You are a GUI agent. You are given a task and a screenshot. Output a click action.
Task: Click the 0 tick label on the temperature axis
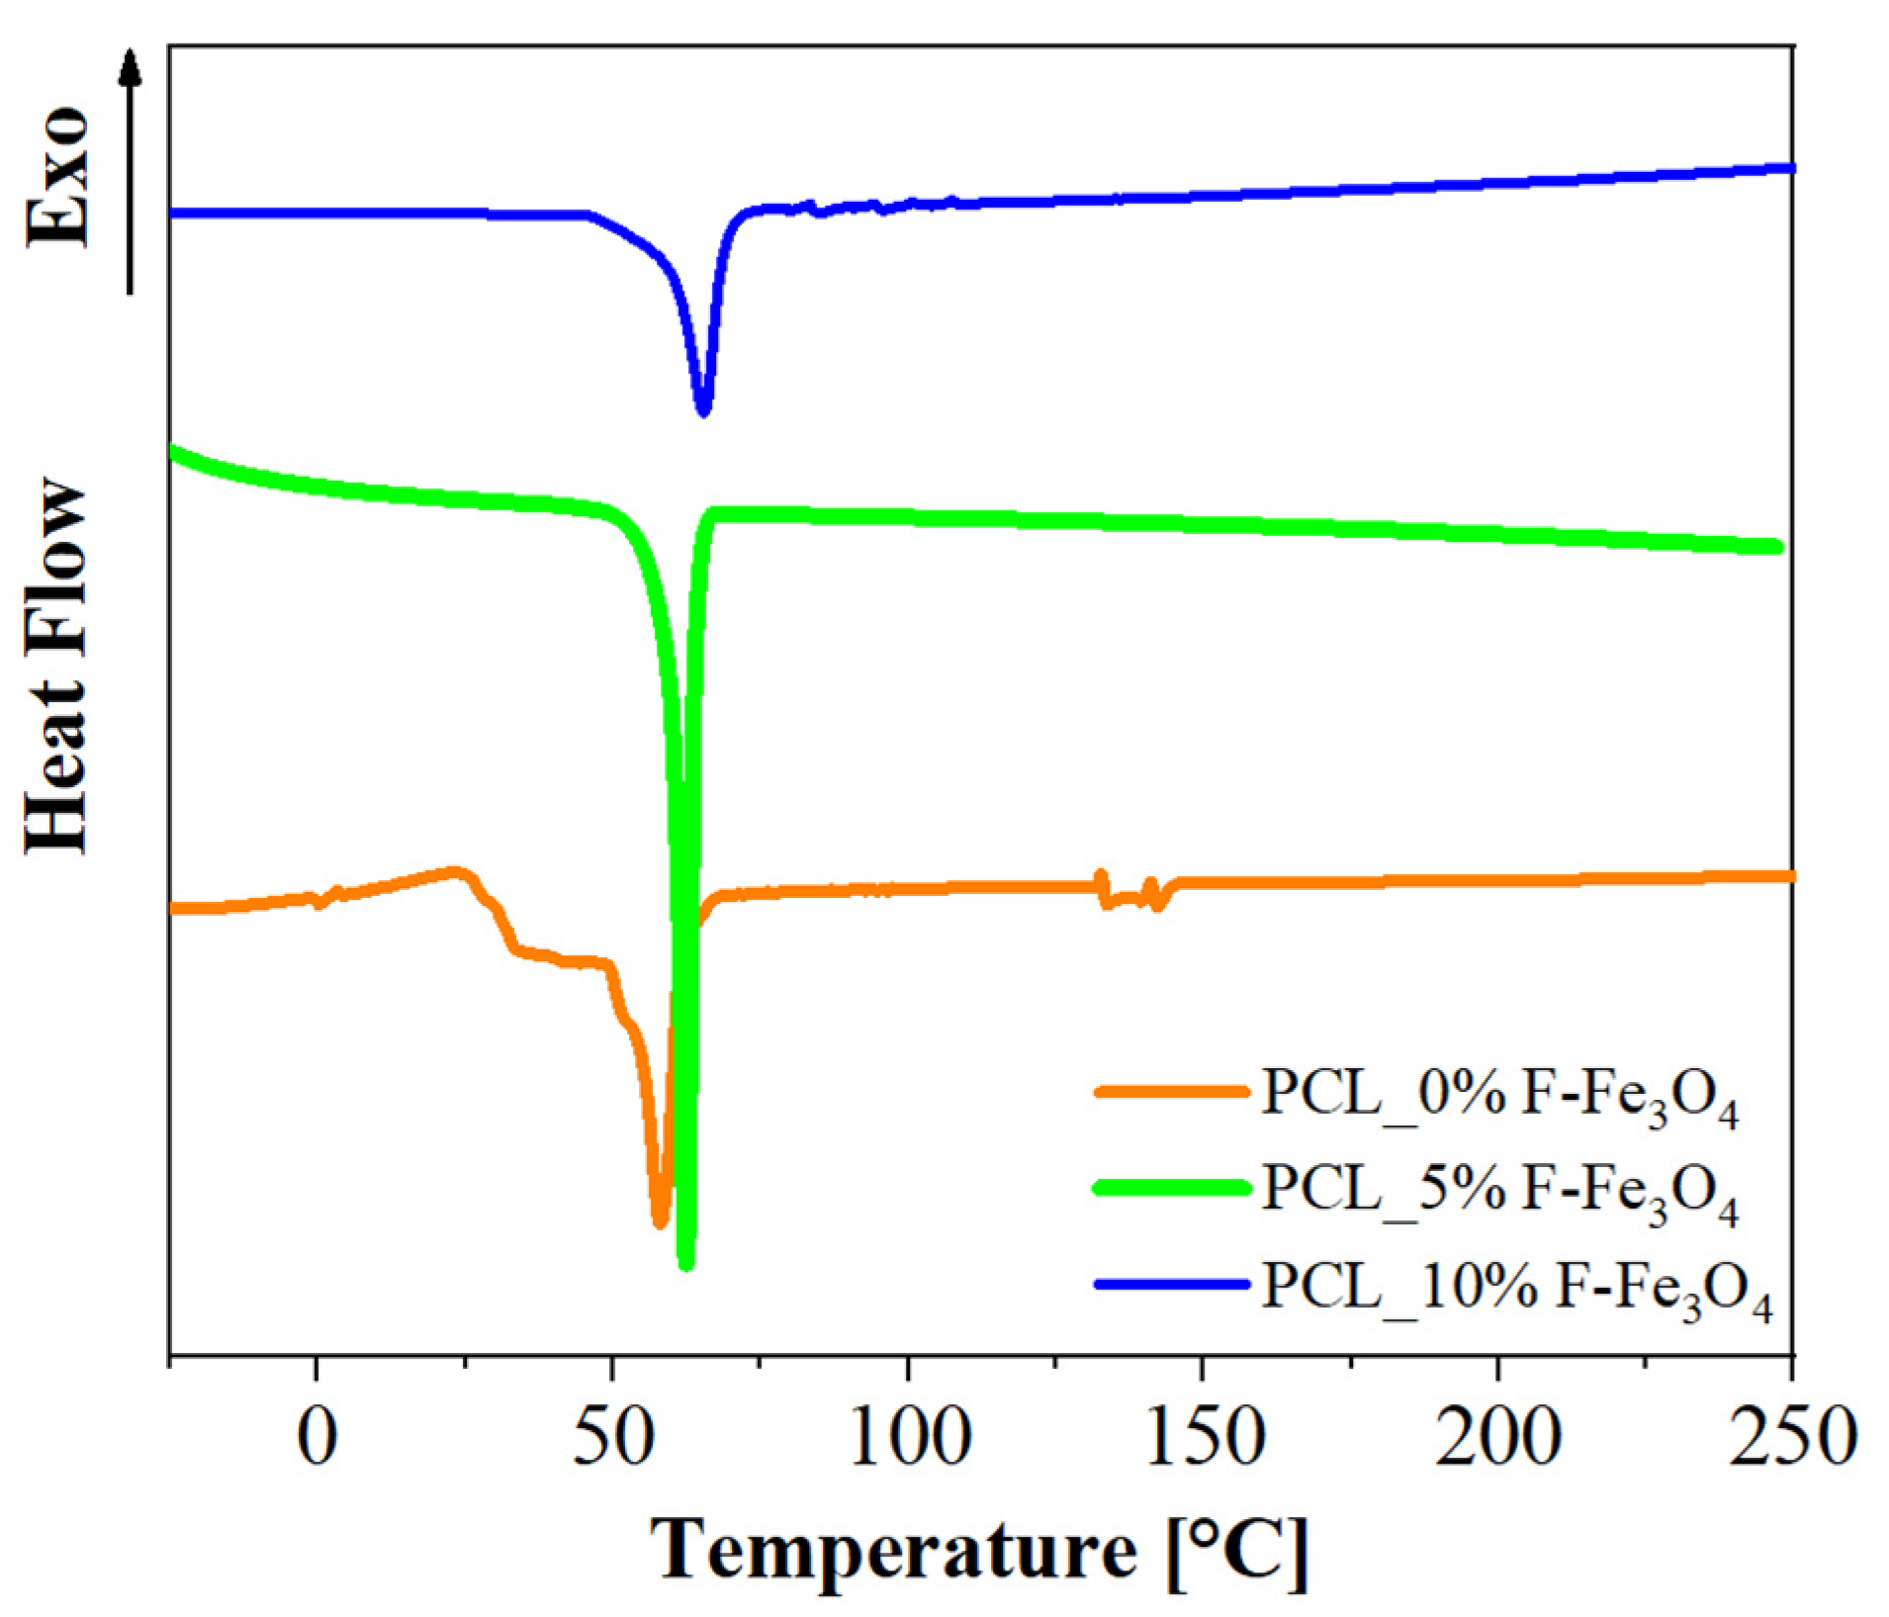pos(315,1440)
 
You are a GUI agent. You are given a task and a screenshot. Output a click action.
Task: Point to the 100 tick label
pos(906,1440)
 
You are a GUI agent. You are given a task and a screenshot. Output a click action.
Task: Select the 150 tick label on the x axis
pos(1201,1440)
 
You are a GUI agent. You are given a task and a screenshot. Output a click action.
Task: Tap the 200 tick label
pos(1496,1440)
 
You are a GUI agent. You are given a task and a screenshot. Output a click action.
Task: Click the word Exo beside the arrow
pos(57,178)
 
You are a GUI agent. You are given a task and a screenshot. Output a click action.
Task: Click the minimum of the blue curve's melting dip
pos(704,409)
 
